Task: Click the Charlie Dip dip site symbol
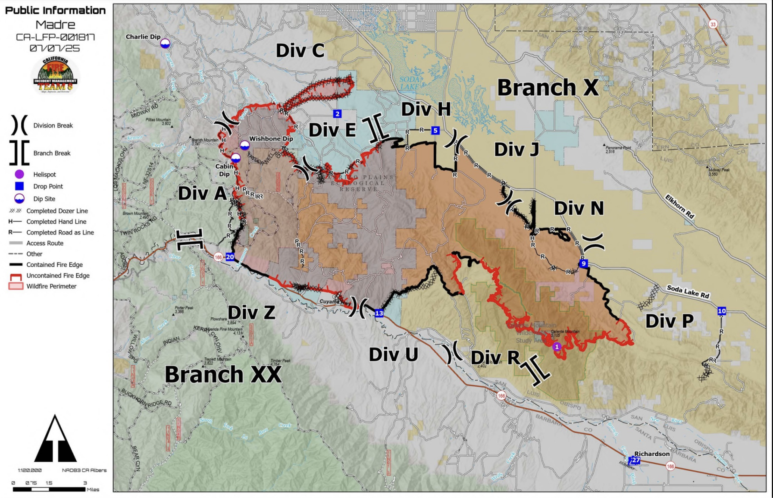[165, 44]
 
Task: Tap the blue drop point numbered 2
[337, 114]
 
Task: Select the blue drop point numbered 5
[435, 130]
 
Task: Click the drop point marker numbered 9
[584, 263]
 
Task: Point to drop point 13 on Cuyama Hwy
[379, 313]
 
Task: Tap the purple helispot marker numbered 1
[557, 347]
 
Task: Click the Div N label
[579, 208]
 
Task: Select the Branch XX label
[223, 374]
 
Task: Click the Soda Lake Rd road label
[688, 291]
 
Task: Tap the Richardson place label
[652, 454]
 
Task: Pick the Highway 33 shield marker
[713, 24]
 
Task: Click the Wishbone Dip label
[271, 138]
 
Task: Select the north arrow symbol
[55, 439]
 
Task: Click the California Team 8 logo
[56, 75]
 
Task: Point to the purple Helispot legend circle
[19, 174]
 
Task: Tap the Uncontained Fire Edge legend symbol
[16, 276]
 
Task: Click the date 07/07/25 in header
[55, 48]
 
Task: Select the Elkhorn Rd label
[679, 207]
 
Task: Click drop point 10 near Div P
[722, 311]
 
